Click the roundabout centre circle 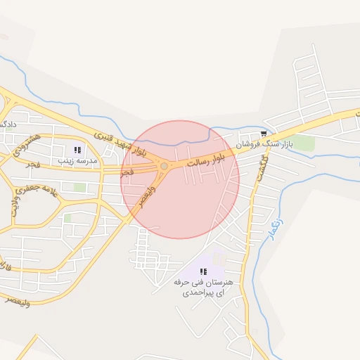[164, 166]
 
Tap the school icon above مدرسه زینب [77, 150]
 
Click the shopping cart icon [263, 134]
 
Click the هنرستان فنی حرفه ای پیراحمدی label [202, 287]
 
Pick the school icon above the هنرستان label [202, 271]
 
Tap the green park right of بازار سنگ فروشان [304, 143]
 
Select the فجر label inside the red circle [127, 172]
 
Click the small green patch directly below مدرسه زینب [80, 188]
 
